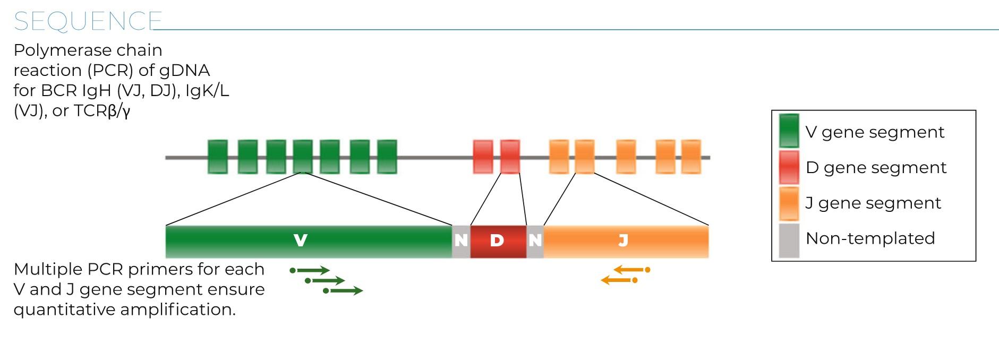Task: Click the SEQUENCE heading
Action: coord(88,21)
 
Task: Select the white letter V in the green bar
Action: coord(301,241)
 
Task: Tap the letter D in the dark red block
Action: coord(497,241)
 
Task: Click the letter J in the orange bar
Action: coord(623,241)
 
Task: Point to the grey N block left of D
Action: coord(461,242)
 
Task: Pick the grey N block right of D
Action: coord(535,242)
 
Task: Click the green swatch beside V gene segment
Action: coord(789,131)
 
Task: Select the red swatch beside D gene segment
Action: coord(789,167)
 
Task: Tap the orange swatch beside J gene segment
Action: coord(789,203)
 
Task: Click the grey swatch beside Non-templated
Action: coord(789,241)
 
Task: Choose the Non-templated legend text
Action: coord(870,238)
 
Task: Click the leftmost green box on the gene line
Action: coord(217,157)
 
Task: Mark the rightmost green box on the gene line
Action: coord(387,157)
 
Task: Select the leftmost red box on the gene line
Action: coord(483,157)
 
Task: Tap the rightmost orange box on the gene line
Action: coord(691,157)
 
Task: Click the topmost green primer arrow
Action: coord(310,271)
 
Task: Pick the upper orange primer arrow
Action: coord(632,270)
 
